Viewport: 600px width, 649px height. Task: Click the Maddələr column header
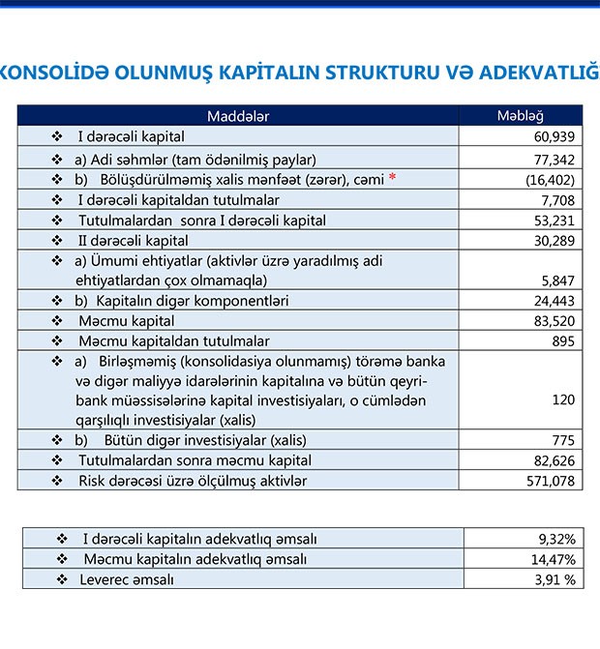[x=237, y=116]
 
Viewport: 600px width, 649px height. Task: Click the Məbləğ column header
[x=520, y=116]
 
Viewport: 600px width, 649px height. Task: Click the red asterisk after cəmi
[x=392, y=179]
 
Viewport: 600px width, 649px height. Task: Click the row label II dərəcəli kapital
[x=133, y=240]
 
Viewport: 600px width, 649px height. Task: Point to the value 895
[x=564, y=341]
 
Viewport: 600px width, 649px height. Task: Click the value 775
[x=564, y=440]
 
